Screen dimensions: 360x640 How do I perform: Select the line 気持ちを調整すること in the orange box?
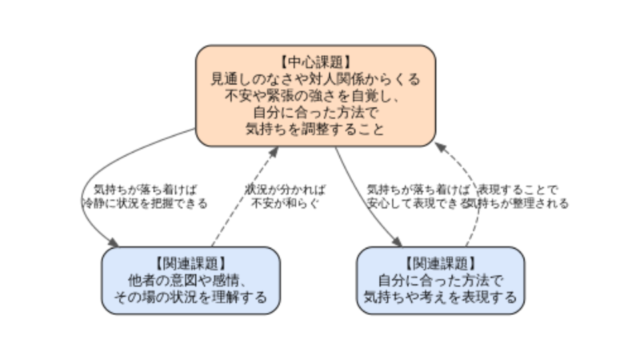click(316, 129)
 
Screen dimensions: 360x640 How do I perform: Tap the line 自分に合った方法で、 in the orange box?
click(316, 112)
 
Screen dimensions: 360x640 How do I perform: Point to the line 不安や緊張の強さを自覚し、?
click(316, 95)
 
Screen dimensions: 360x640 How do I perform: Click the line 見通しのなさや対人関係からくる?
click(316, 78)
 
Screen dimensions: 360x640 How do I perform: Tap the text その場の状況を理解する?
click(190, 297)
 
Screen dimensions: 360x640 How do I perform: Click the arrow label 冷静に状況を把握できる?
click(144, 203)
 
